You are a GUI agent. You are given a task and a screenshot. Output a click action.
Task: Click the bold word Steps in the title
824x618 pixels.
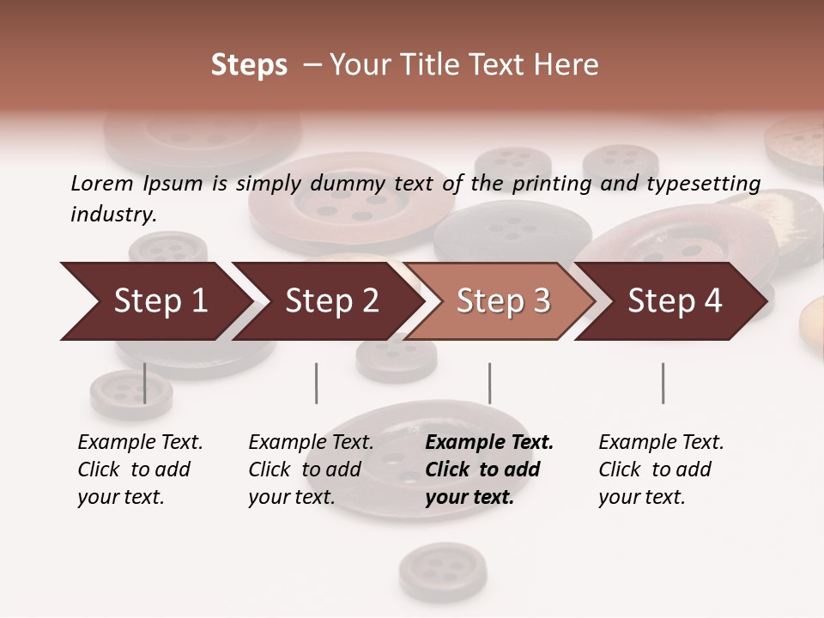click(x=249, y=65)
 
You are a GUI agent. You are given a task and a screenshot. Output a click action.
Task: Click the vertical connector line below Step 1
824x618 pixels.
click(x=144, y=383)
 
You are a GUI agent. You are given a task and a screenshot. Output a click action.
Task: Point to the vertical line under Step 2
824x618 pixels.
click(x=317, y=383)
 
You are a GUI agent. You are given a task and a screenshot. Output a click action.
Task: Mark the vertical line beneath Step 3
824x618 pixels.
click(x=489, y=383)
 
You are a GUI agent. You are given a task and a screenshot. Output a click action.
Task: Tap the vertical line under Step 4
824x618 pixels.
click(x=663, y=383)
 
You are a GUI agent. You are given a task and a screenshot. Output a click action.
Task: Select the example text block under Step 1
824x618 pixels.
click(x=140, y=470)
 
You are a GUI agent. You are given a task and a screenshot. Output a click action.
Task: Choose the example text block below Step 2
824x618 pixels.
click(x=311, y=470)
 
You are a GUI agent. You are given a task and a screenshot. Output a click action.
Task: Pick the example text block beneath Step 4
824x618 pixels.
click(x=661, y=470)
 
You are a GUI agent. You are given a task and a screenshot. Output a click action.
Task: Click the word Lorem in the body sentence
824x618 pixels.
click(x=102, y=183)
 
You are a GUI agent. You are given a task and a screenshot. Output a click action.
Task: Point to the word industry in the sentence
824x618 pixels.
click(x=113, y=214)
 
